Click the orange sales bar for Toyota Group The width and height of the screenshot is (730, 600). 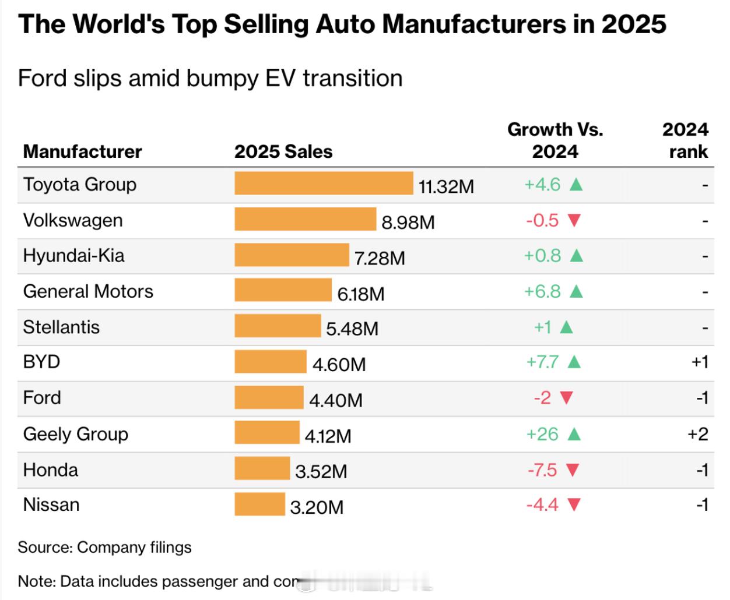[324, 183]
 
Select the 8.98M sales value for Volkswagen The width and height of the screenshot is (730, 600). [408, 222]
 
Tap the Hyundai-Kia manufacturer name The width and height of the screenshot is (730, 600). [74, 256]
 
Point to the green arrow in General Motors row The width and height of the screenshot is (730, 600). [576, 291]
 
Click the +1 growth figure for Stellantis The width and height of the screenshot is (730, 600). [543, 327]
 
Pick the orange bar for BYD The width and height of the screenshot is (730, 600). [271, 362]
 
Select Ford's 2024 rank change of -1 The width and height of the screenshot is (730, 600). [701, 398]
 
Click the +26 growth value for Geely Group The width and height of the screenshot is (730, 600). [542, 434]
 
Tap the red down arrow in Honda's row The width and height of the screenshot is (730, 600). [573, 470]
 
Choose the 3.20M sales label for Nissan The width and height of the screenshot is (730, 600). [317, 507]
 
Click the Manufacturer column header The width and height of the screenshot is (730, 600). [82, 151]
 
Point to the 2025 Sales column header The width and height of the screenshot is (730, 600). [283, 151]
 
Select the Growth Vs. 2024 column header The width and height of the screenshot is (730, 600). [555, 140]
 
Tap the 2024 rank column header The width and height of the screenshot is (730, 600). [685, 140]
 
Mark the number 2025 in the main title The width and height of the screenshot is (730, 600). [634, 24]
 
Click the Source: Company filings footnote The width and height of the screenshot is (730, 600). [105, 548]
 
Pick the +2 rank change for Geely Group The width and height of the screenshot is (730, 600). [698, 434]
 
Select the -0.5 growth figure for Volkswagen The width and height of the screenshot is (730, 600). [542, 220]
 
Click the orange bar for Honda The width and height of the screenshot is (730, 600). [262, 468]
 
